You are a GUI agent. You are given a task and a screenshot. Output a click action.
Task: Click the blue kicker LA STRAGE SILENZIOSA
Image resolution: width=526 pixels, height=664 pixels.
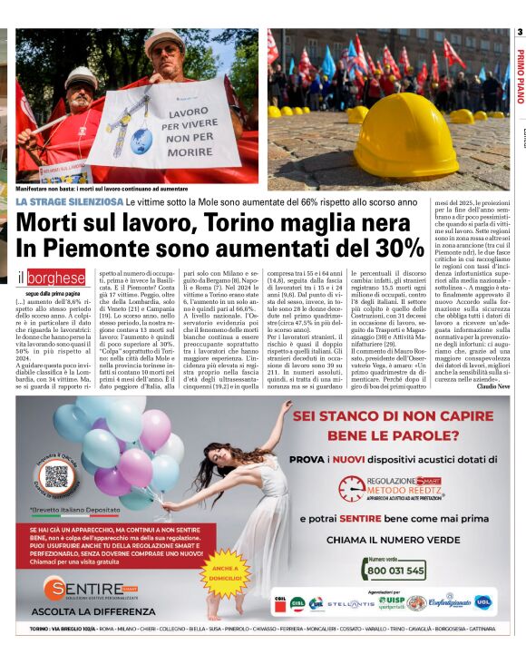[x=69, y=200]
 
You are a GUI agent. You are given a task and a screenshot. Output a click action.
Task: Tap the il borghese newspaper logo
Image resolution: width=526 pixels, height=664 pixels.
[x=52, y=278]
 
